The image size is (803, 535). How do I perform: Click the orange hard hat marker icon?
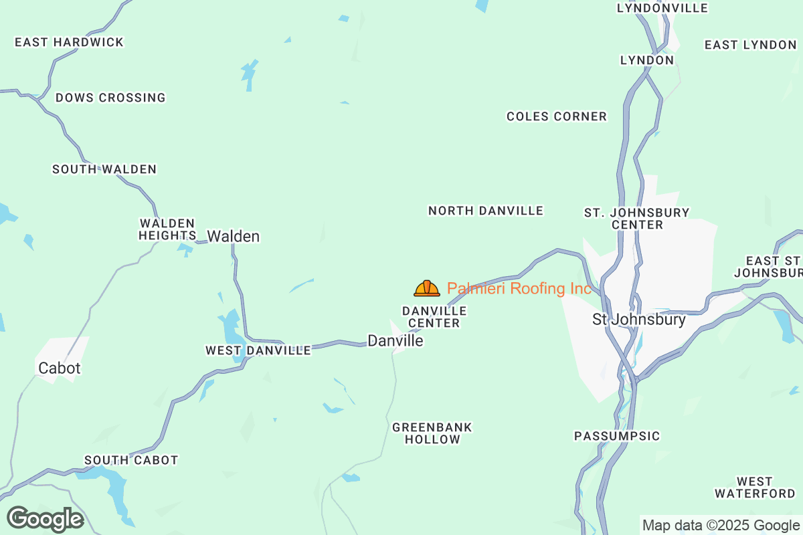[x=427, y=288]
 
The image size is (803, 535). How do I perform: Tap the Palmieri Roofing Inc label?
[x=519, y=289]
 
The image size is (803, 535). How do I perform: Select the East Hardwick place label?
[x=70, y=42]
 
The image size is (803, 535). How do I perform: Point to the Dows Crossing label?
[x=110, y=98]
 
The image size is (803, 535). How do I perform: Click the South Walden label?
[x=104, y=169]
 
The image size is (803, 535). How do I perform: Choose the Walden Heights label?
[x=167, y=229]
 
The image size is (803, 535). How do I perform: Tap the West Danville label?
[x=258, y=350]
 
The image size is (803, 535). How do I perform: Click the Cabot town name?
[x=60, y=368]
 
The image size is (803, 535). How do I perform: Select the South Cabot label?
[x=131, y=460]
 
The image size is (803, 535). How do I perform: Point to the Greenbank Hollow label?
[x=432, y=433]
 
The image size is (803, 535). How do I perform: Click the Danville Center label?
[x=434, y=317]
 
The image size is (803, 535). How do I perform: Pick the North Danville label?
[x=486, y=211]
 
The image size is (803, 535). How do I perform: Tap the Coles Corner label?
[x=557, y=116]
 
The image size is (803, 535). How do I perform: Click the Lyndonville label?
[x=662, y=8]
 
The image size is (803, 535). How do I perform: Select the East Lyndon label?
[x=750, y=45]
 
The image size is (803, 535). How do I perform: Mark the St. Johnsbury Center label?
[x=637, y=219]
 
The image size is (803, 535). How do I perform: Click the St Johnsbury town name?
[x=639, y=320]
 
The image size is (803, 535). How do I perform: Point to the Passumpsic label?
[x=617, y=436]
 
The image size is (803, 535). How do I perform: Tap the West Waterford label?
[x=755, y=488]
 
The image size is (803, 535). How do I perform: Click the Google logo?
[x=46, y=519]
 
